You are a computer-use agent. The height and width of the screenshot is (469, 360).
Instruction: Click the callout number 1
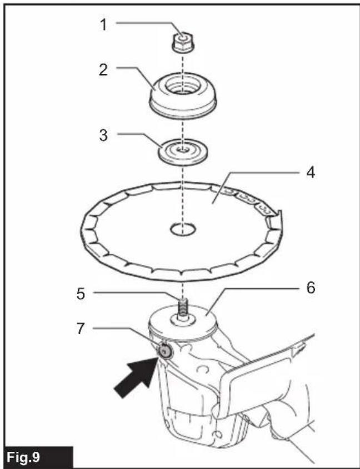103,24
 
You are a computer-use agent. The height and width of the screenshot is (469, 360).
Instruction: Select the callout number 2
103,70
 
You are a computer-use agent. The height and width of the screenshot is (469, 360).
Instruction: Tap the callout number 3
103,135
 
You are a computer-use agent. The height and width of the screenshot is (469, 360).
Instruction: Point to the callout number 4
311,173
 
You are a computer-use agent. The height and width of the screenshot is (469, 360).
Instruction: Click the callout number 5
81,294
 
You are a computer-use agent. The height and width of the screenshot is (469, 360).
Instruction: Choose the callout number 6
311,288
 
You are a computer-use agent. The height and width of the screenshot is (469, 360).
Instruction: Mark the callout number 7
81,329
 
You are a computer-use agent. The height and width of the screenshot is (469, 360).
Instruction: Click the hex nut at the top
183,42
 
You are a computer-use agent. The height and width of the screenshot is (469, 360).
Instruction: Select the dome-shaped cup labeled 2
183,95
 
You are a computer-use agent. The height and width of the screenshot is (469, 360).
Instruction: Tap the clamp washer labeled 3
183,152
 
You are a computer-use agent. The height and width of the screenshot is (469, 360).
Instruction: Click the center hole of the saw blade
183,230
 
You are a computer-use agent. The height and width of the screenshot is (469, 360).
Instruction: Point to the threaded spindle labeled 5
183,308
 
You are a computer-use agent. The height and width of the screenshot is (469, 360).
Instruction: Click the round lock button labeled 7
164,351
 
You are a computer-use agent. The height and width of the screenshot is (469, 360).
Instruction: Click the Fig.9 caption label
23,457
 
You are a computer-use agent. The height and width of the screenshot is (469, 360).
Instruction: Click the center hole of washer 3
183,150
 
